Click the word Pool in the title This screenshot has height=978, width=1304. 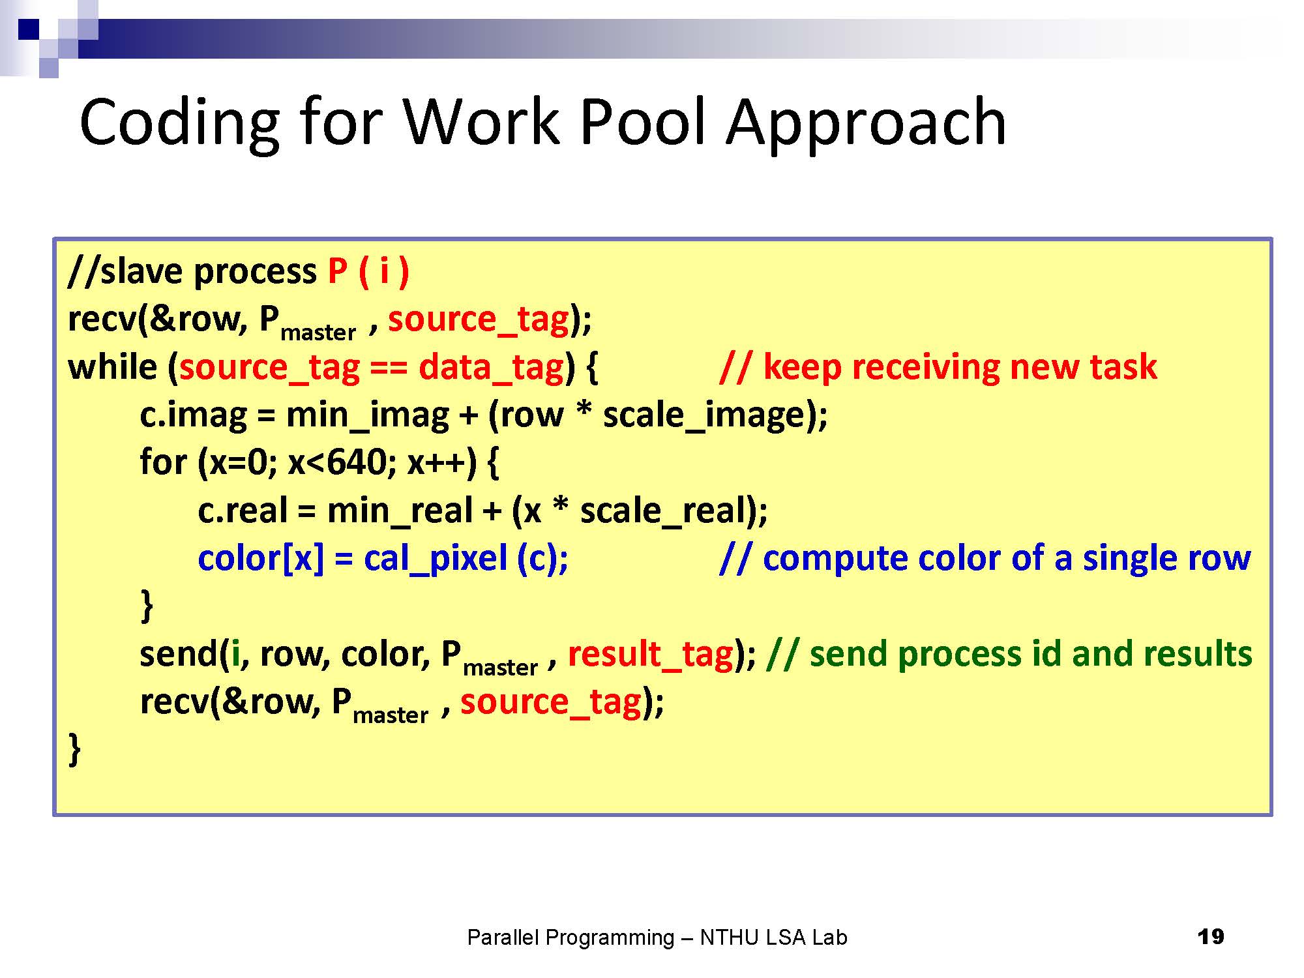click(x=643, y=121)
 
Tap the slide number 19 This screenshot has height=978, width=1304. click(x=1211, y=937)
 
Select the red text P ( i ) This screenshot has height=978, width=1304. click(x=368, y=271)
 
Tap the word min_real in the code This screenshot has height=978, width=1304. click(x=400, y=511)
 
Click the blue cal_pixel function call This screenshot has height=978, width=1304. click(x=436, y=559)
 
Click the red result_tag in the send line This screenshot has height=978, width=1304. click(x=651, y=654)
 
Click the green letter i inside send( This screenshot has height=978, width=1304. click(x=235, y=653)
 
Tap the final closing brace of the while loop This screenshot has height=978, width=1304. click(x=75, y=750)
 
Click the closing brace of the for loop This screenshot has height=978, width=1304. click(x=147, y=606)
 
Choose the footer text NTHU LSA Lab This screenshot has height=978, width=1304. click(x=773, y=938)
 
